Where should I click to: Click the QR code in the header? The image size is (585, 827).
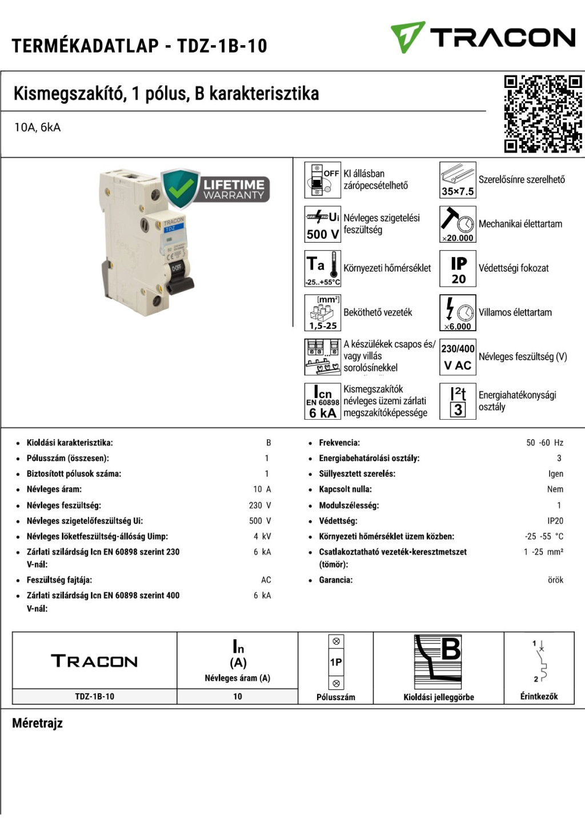tap(542, 114)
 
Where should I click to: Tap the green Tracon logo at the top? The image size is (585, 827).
tap(483, 37)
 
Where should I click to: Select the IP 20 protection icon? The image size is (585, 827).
tap(458, 268)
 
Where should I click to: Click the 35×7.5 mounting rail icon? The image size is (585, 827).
tap(458, 180)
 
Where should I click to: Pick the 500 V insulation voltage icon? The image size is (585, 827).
tap(323, 224)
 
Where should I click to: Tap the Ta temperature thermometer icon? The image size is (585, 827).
tap(323, 268)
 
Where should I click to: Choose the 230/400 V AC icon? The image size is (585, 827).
tap(458, 357)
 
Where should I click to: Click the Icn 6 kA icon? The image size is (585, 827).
tap(323, 402)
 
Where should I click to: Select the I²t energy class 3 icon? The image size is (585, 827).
tap(458, 402)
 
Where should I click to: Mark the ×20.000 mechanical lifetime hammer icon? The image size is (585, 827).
tap(458, 224)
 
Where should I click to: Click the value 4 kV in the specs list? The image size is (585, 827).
tap(262, 537)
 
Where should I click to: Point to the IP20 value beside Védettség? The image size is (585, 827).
tap(555, 521)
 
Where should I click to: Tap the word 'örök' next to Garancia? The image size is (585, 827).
tap(555, 580)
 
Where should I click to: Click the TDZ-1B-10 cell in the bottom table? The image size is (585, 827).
tap(94, 697)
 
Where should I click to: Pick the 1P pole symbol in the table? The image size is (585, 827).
tap(336, 663)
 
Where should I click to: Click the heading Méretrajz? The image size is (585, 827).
tap(38, 724)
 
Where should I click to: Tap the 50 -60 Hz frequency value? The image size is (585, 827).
tap(544, 443)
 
